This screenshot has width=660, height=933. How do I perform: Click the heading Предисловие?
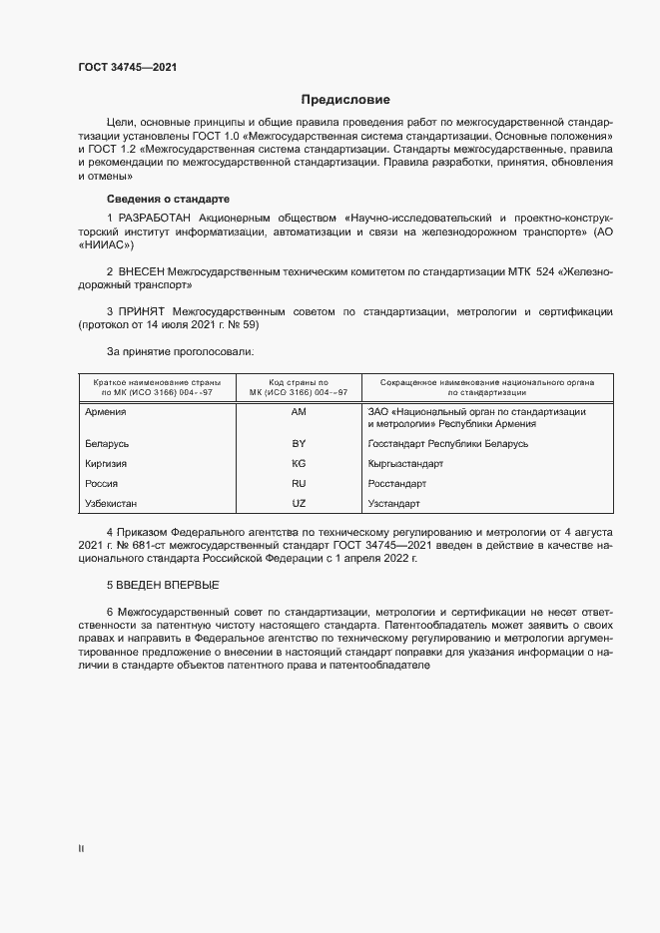(345, 100)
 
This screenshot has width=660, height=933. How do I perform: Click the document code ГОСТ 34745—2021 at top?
(129, 68)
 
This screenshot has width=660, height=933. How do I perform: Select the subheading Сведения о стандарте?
(168, 198)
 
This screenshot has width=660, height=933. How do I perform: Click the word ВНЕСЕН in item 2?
(142, 270)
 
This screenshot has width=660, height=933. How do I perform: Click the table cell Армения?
(106, 411)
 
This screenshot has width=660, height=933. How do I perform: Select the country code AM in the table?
(298, 411)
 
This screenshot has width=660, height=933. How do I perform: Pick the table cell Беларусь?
(108, 443)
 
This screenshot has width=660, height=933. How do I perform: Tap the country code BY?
(298, 443)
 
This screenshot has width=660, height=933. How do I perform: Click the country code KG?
(298, 463)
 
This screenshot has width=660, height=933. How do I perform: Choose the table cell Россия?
(102, 483)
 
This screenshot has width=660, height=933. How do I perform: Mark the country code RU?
(298, 483)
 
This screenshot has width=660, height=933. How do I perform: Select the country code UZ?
(298, 503)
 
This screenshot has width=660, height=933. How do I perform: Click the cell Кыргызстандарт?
(405, 463)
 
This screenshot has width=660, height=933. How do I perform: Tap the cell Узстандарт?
(395, 503)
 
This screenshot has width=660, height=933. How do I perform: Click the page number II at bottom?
(81, 848)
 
